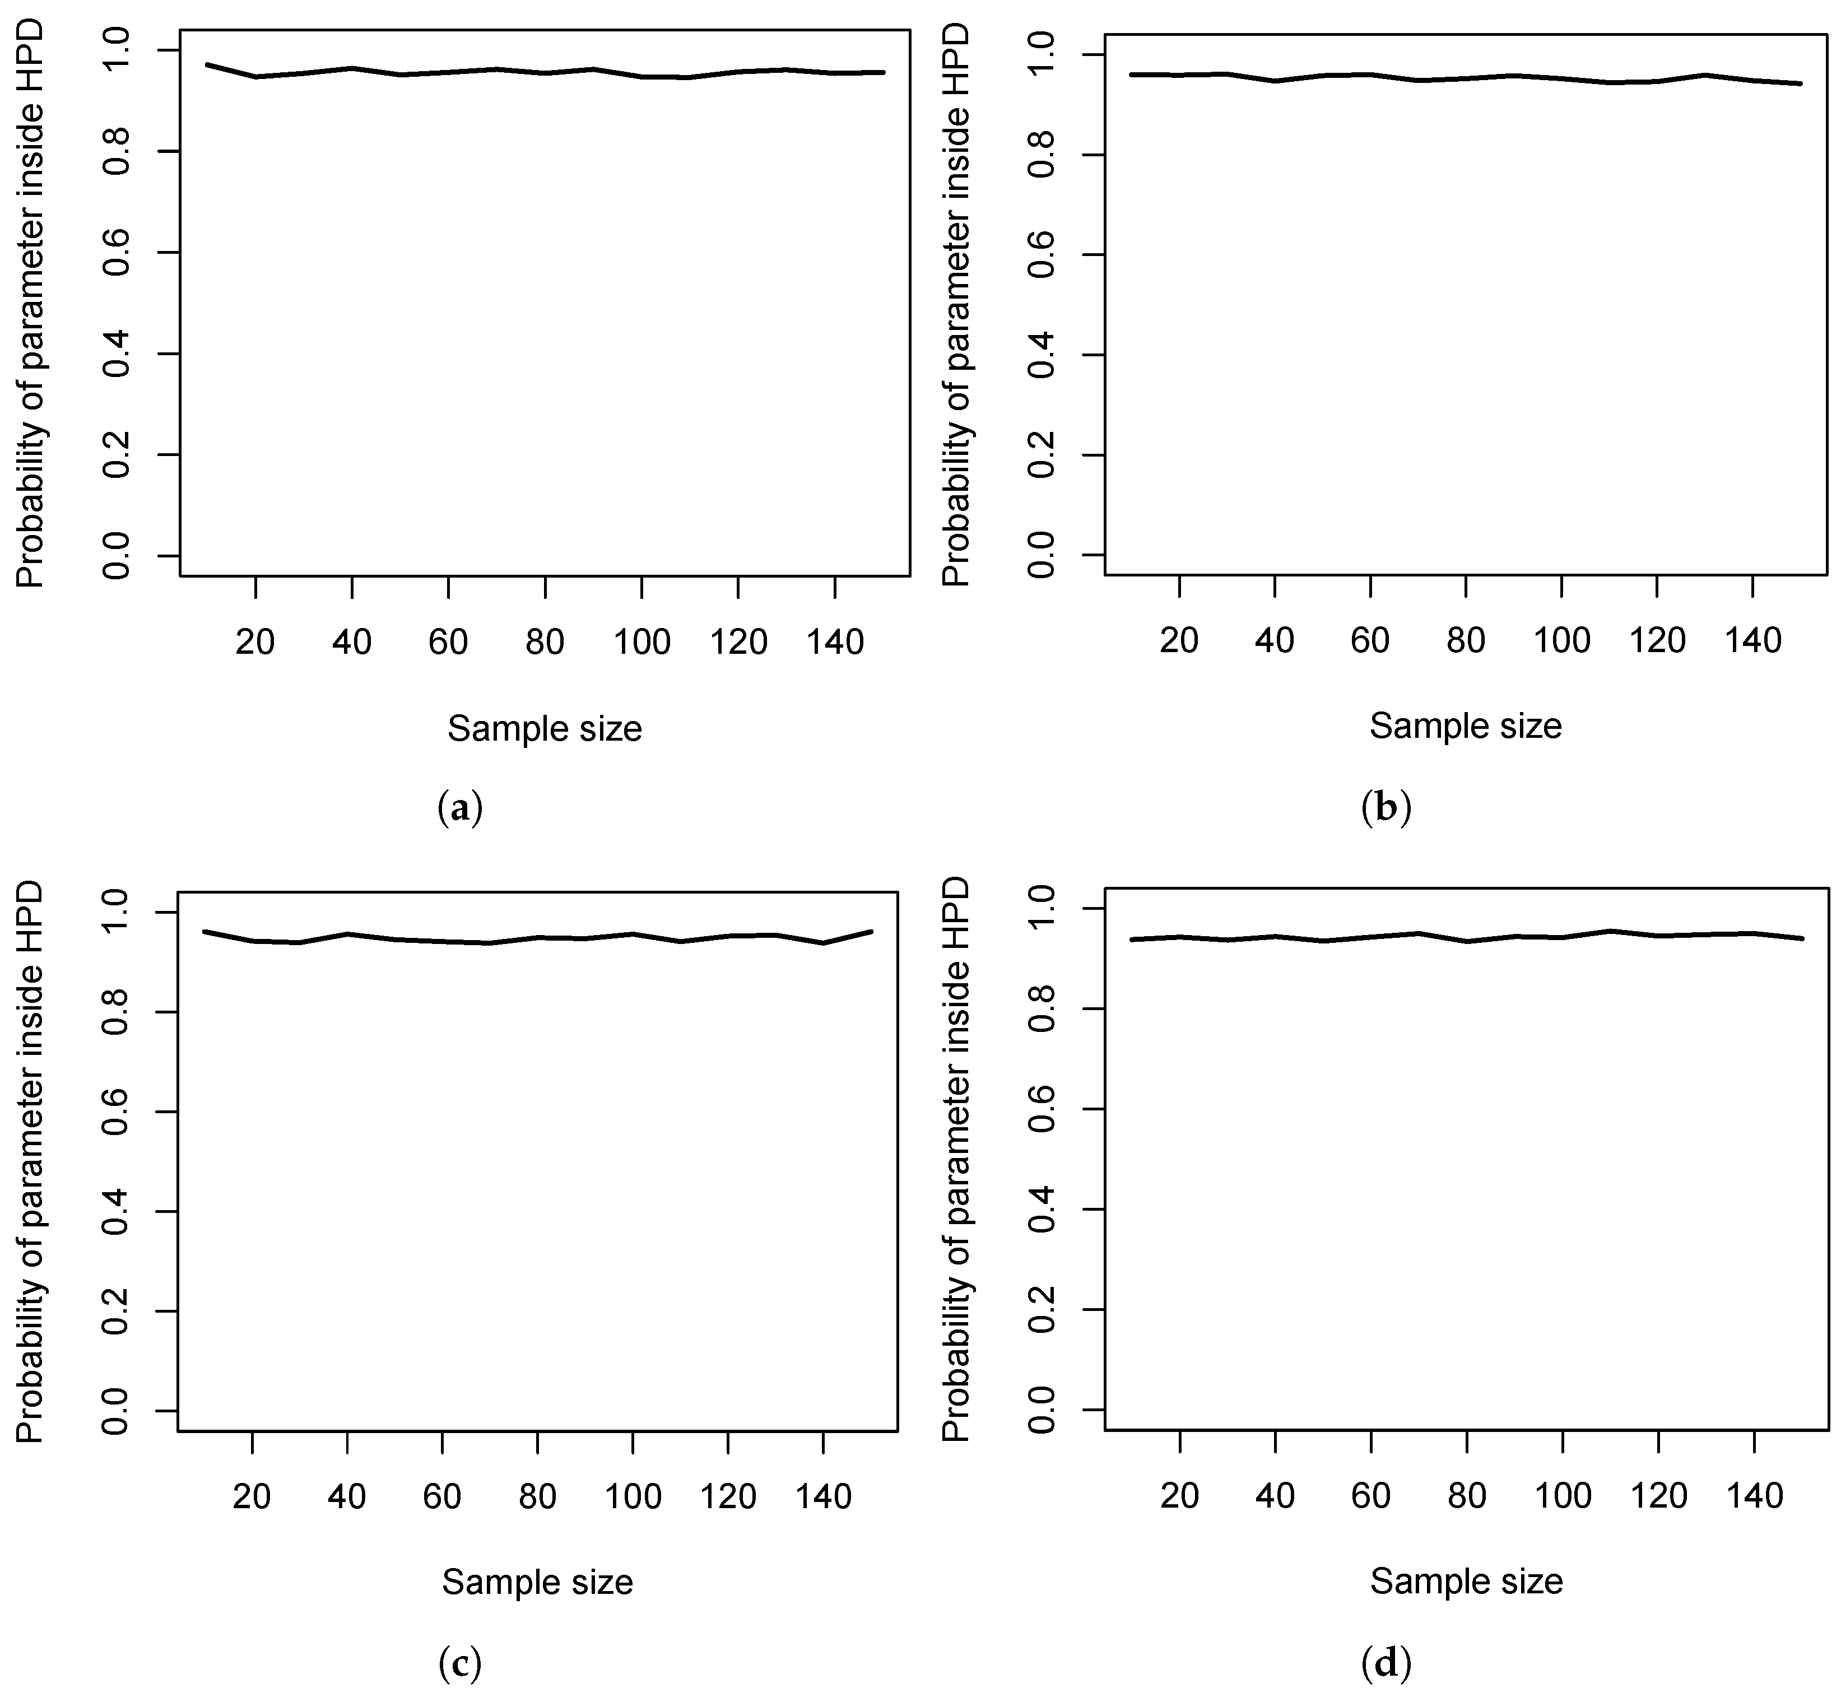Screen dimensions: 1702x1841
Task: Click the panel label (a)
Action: (x=459, y=808)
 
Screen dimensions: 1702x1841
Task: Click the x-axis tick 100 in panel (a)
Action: (x=641, y=641)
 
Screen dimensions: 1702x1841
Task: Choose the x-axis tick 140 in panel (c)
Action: (x=824, y=1496)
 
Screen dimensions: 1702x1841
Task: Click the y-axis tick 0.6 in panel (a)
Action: (x=118, y=252)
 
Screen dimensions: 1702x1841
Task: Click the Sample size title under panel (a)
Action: (x=544, y=728)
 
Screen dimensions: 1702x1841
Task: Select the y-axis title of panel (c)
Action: (x=31, y=1160)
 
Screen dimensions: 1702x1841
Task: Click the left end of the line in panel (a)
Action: (x=208, y=64)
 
